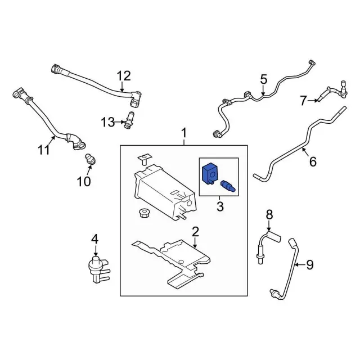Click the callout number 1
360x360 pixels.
pyautogui.click(x=184, y=133)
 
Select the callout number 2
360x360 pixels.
pyautogui.click(x=195, y=232)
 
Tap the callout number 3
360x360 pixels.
pyautogui.click(x=219, y=207)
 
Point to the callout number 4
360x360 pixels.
pyautogui.click(x=95, y=239)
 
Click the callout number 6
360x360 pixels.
pyautogui.click(x=313, y=162)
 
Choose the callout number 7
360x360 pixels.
pyautogui.click(x=304, y=101)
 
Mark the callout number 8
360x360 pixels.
pyautogui.click(x=269, y=214)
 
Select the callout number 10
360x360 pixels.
pyautogui.click(x=83, y=181)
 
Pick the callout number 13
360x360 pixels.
pyautogui.click(x=107, y=121)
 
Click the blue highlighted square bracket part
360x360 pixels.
pyautogui.click(x=209, y=173)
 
